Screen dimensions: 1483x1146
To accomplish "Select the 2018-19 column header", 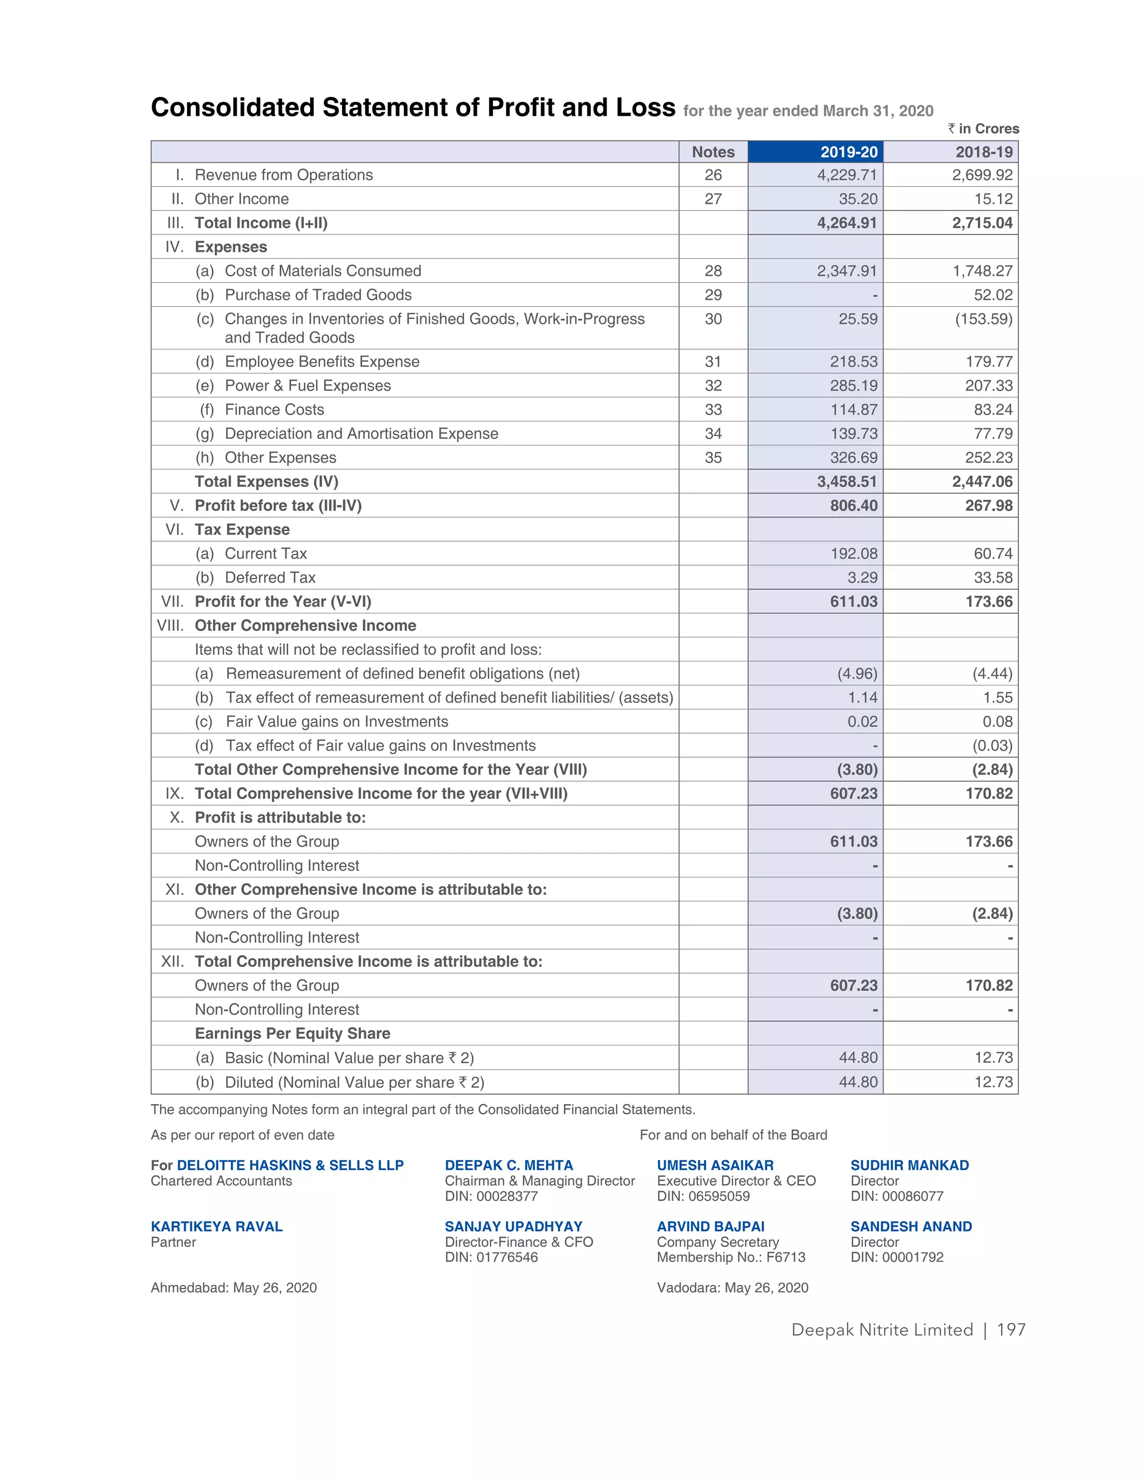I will (x=983, y=152).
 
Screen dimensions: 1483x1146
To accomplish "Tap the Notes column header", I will (x=713, y=152).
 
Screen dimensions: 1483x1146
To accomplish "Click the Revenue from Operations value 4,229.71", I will (x=847, y=175).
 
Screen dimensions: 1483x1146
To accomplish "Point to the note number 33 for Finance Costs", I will (x=713, y=410).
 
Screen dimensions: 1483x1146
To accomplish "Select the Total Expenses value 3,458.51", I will (x=847, y=481).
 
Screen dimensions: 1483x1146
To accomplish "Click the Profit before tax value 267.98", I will (x=989, y=505).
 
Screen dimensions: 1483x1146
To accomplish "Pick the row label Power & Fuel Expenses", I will (x=308, y=386).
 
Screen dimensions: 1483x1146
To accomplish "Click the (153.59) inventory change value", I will (x=984, y=319).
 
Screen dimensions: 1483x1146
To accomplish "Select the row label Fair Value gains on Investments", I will (x=337, y=721).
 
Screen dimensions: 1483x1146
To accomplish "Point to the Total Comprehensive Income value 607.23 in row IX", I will (x=853, y=793).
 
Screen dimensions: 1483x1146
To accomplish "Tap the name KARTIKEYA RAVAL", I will (x=217, y=1226).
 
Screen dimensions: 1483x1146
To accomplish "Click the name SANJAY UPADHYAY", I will (x=513, y=1226).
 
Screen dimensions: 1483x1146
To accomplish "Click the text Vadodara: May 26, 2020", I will (x=732, y=1288).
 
